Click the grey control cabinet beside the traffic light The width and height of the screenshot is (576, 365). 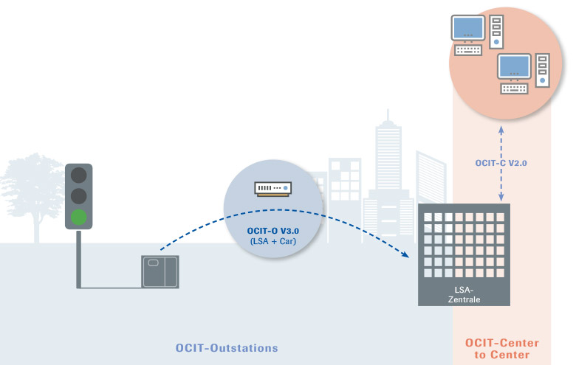point(160,272)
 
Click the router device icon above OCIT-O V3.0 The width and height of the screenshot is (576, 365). point(273,189)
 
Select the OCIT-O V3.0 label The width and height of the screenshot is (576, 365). point(273,230)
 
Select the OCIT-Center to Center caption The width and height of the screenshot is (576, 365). point(501,349)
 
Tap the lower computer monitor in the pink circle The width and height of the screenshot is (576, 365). point(514,69)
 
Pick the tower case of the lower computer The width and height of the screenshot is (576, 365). point(542,68)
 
